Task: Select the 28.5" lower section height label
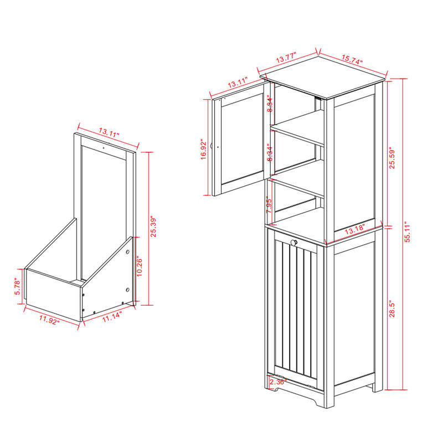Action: (393, 308)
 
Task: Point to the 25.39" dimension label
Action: (153, 228)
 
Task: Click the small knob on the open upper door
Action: (220, 147)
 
